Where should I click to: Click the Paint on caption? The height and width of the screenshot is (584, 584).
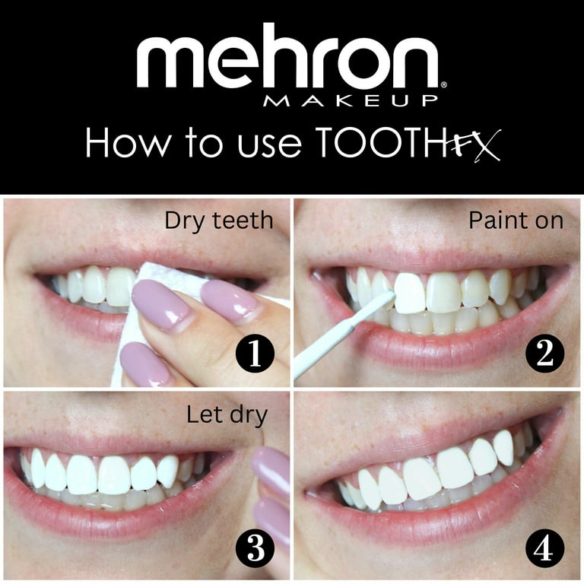516,221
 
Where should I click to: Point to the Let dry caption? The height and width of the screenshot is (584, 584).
226,415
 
